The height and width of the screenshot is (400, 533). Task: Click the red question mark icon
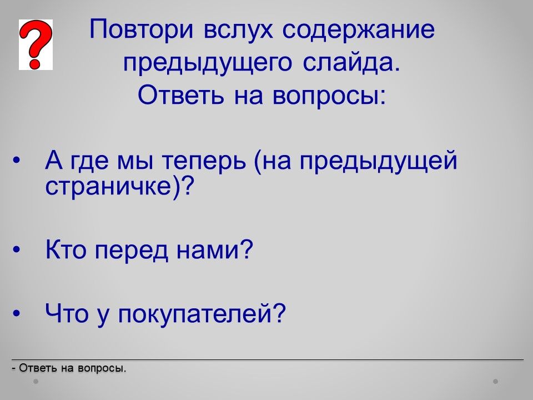click(36, 44)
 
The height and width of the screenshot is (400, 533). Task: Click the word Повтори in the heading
click(142, 29)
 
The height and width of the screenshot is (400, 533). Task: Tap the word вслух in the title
click(238, 30)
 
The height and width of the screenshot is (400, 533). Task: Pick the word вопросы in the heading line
click(329, 96)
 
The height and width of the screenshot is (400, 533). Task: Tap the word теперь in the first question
click(204, 161)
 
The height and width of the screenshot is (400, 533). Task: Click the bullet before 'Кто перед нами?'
click(16, 250)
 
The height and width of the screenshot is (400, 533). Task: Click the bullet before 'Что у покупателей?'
click(16, 313)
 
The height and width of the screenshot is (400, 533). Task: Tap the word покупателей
click(196, 313)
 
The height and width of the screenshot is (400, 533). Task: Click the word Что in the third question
click(67, 313)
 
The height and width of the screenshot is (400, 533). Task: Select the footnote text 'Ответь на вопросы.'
click(72, 368)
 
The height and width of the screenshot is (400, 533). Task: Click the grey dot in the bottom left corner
click(36, 382)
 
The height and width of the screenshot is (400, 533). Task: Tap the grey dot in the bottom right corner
click(496, 382)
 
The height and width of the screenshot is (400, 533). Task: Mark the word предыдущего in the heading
click(207, 64)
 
